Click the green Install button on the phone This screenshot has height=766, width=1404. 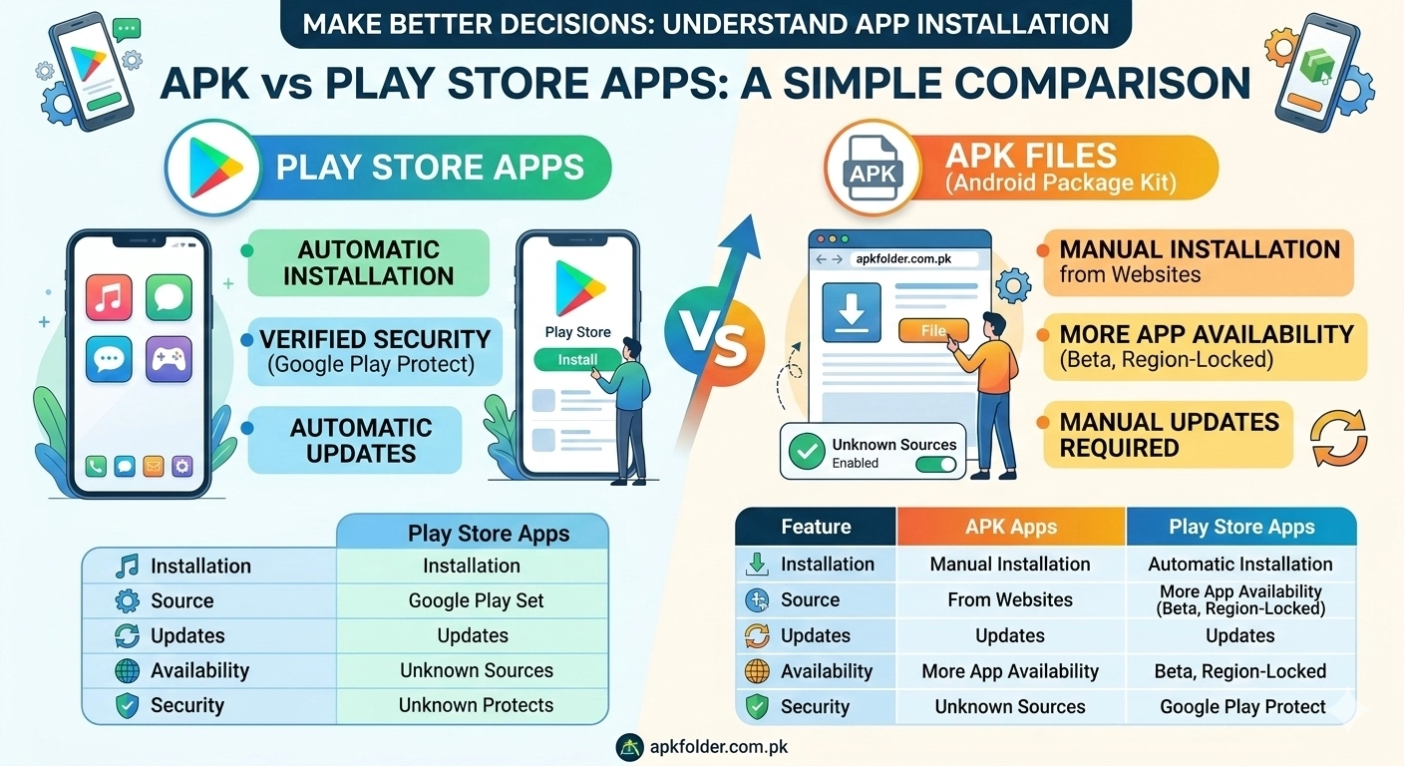[577, 360]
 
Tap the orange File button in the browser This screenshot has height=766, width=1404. [932, 331]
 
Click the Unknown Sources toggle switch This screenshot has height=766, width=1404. [934, 464]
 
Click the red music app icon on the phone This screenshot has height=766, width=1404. [109, 297]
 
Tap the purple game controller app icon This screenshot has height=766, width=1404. [169, 359]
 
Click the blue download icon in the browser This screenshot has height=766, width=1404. [851, 312]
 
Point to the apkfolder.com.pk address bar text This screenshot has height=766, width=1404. [904, 259]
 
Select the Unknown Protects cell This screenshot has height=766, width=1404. [476, 705]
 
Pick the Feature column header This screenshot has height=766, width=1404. [816, 527]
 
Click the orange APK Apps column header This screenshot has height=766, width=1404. [1010, 528]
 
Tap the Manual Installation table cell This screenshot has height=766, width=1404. [1010, 564]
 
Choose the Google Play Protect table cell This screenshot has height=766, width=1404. [1242, 707]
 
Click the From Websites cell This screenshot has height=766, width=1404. [1010, 599]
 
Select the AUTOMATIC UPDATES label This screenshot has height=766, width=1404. [360, 440]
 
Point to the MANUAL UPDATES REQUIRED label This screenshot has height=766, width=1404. [1169, 434]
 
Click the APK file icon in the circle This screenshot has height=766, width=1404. [873, 169]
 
